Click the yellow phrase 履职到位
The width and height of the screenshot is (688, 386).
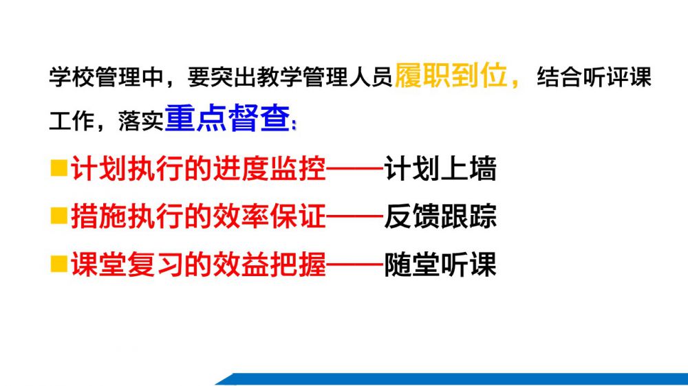click(451, 76)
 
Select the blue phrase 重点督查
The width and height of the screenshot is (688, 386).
click(227, 118)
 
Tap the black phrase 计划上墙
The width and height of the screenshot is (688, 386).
click(440, 169)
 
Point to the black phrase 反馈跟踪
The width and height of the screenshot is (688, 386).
click(440, 216)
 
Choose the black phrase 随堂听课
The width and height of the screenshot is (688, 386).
click(440, 264)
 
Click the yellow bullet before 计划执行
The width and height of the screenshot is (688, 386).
click(58, 168)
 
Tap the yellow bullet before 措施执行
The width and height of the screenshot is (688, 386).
click(58, 216)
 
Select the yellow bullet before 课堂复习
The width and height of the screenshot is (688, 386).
click(58, 264)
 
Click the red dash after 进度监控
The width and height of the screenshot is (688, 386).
click(355, 169)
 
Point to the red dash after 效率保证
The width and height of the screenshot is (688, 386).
click(355, 216)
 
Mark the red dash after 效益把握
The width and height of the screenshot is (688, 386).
click(355, 264)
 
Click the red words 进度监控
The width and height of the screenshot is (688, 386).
click(270, 169)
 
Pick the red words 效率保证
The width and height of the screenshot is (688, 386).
click(270, 216)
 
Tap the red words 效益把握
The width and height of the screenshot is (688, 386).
click(270, 264)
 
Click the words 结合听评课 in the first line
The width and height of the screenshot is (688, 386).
click(594, 77)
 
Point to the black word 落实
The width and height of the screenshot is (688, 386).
click(141, 120)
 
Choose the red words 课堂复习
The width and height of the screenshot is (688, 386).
click(127, 264)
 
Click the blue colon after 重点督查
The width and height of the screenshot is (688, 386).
click(294, 124)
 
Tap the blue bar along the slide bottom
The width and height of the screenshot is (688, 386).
click(452, 379)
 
